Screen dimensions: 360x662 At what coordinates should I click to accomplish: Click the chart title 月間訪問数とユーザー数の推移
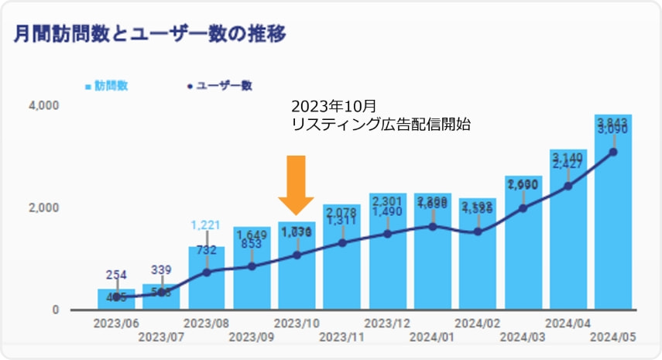pyautogui.click(x=146, y=34)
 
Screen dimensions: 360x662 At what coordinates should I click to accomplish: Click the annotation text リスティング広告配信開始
pyautogui.click(x=380, y=124)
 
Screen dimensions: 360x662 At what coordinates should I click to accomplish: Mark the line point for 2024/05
pyautogui.click(x=613, y=152)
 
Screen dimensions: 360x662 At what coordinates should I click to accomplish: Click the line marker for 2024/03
pyautogui.click(x=523, y=207)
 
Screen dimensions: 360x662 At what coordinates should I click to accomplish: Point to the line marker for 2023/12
pyautogui.click(x=387, y=233)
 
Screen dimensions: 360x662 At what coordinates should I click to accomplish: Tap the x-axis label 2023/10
pyautogui.click(x=297, y=323)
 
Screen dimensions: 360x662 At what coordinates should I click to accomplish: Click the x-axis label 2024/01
pyautogui.click(x=432, y=337)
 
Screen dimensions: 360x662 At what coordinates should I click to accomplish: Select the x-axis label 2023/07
pyautogui.click(x=161, y=337)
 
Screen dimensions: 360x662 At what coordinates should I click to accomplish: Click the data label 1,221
pyautogui.click(x=206, y=225)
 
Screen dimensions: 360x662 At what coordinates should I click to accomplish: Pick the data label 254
pyautogui.click(x=116, y=274)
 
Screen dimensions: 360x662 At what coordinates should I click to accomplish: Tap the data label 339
pyautogui.click(x=161, y=269)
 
